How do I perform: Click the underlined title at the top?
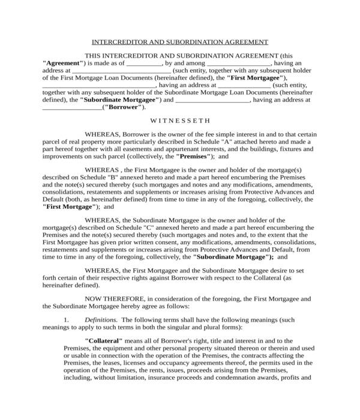[x=179, y=42]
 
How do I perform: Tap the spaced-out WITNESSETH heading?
[x=179, y=119]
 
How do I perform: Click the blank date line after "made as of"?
[x=145, y=62]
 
